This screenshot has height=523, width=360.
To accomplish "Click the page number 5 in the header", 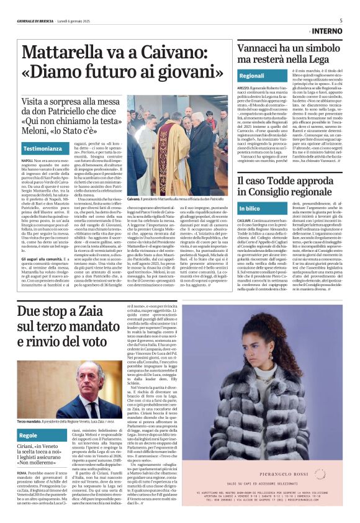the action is click(x=341, y=20).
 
